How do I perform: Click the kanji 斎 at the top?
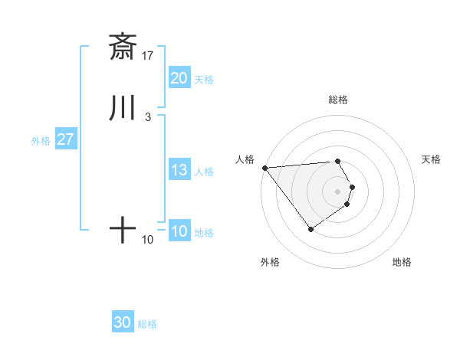[x=123, y=47]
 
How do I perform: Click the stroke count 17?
[x=148, y=55]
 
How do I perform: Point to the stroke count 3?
[x=147, y=116]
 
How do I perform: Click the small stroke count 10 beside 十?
[x=148, y=240]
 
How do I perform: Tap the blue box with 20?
[x=179, y=78]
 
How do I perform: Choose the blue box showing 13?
[x=179, y=170]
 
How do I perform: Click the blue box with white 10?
[x=179, y=231]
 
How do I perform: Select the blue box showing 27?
[x=65, y=139]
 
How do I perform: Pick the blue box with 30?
[x=123, y=322]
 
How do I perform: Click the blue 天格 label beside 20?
[x=203, y=79]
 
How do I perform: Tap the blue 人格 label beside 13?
[x=203, y=171]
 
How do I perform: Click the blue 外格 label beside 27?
[x=41, y=140]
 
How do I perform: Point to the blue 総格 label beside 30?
[x=147, y=323]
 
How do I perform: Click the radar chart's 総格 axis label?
[x=338, y=100]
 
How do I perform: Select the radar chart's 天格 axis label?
[x=431, y=159]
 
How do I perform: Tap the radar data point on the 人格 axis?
[x=264, y=167]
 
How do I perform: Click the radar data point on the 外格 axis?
[x=310, y=228]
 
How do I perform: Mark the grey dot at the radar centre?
[x=338, y=191]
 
